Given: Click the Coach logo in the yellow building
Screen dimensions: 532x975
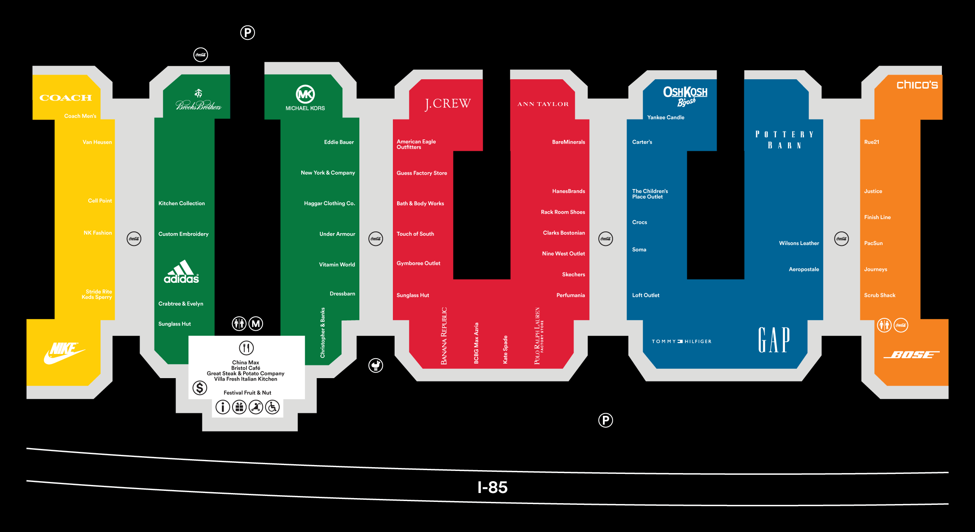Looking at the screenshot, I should point(65,98).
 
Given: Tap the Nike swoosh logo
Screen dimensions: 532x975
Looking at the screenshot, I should point(64,353).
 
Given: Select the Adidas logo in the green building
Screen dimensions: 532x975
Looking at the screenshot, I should point(181,272).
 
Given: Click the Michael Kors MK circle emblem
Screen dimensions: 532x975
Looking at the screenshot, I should point(305,94).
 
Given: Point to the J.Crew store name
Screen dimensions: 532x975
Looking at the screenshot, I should point(448,104).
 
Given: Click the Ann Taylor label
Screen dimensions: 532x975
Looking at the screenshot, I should point(543,104).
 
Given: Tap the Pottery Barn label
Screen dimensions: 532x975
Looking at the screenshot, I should point(784,140).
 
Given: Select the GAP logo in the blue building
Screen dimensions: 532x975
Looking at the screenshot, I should point(774,340).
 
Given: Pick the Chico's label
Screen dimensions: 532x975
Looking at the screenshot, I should point(917,85).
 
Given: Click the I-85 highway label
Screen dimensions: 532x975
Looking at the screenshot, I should point(492,487).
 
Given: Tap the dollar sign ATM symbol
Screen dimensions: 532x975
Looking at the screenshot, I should point(199,387).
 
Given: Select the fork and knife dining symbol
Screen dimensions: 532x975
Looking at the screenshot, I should point(246,348).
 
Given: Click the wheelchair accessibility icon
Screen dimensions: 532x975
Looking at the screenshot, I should point(272,407).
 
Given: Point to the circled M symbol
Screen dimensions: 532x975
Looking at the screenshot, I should point(255,324).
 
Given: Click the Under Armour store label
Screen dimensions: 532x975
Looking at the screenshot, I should point(337,234).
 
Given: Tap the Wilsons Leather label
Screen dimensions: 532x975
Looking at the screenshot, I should point(798,243).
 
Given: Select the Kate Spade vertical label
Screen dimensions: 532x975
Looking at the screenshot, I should point(505,350).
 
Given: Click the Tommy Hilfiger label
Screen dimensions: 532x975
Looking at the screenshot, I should point(681,341).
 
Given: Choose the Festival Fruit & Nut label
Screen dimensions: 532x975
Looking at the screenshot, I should point(247,393).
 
